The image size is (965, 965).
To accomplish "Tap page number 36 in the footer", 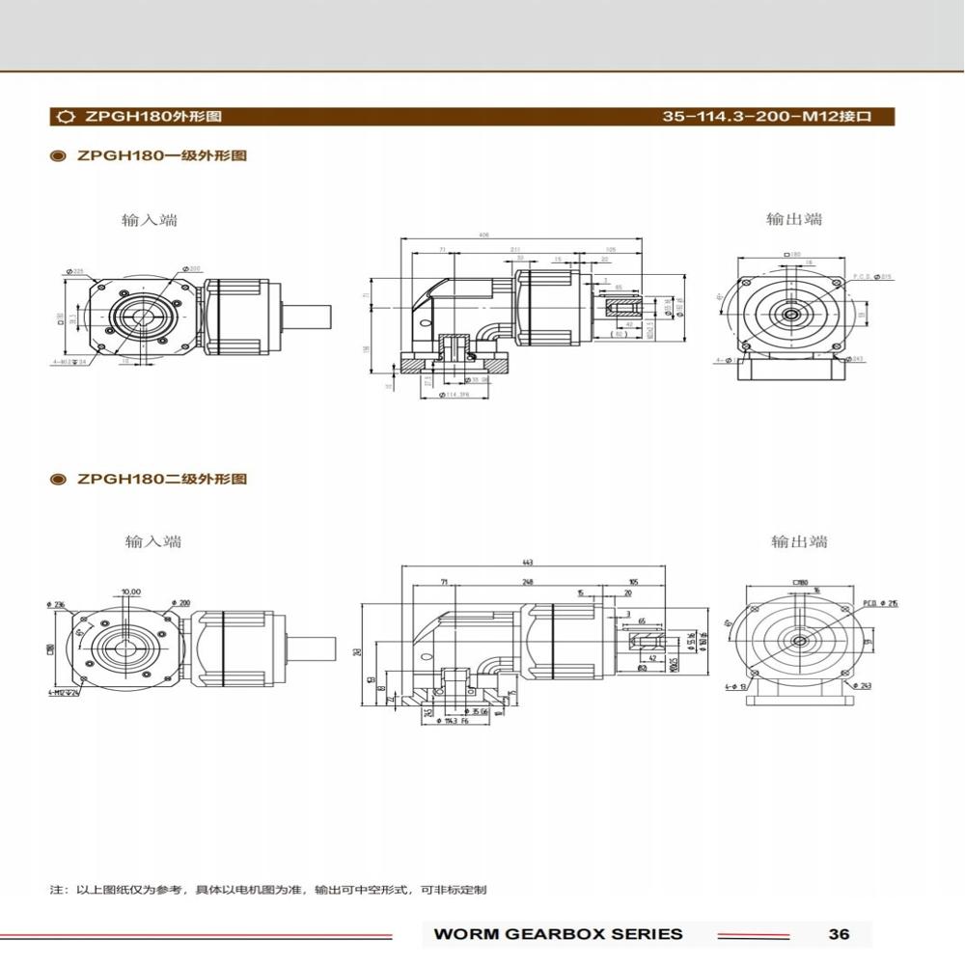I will click(x=839, y=933).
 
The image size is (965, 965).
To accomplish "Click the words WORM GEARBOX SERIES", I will click(x=558, y=933).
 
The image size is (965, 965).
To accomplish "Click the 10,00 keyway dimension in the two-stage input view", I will click(x=130, y=592).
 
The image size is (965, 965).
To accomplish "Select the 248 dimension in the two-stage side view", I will click(x=528, y=583).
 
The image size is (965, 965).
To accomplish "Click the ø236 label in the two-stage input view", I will click(x=54, y=604).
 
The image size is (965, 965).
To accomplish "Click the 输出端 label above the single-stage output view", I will click(x=794, y=219).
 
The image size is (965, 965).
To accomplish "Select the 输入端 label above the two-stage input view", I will click(x=152, y=541).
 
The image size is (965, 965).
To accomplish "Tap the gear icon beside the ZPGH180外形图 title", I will click(x=66, y=117).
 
